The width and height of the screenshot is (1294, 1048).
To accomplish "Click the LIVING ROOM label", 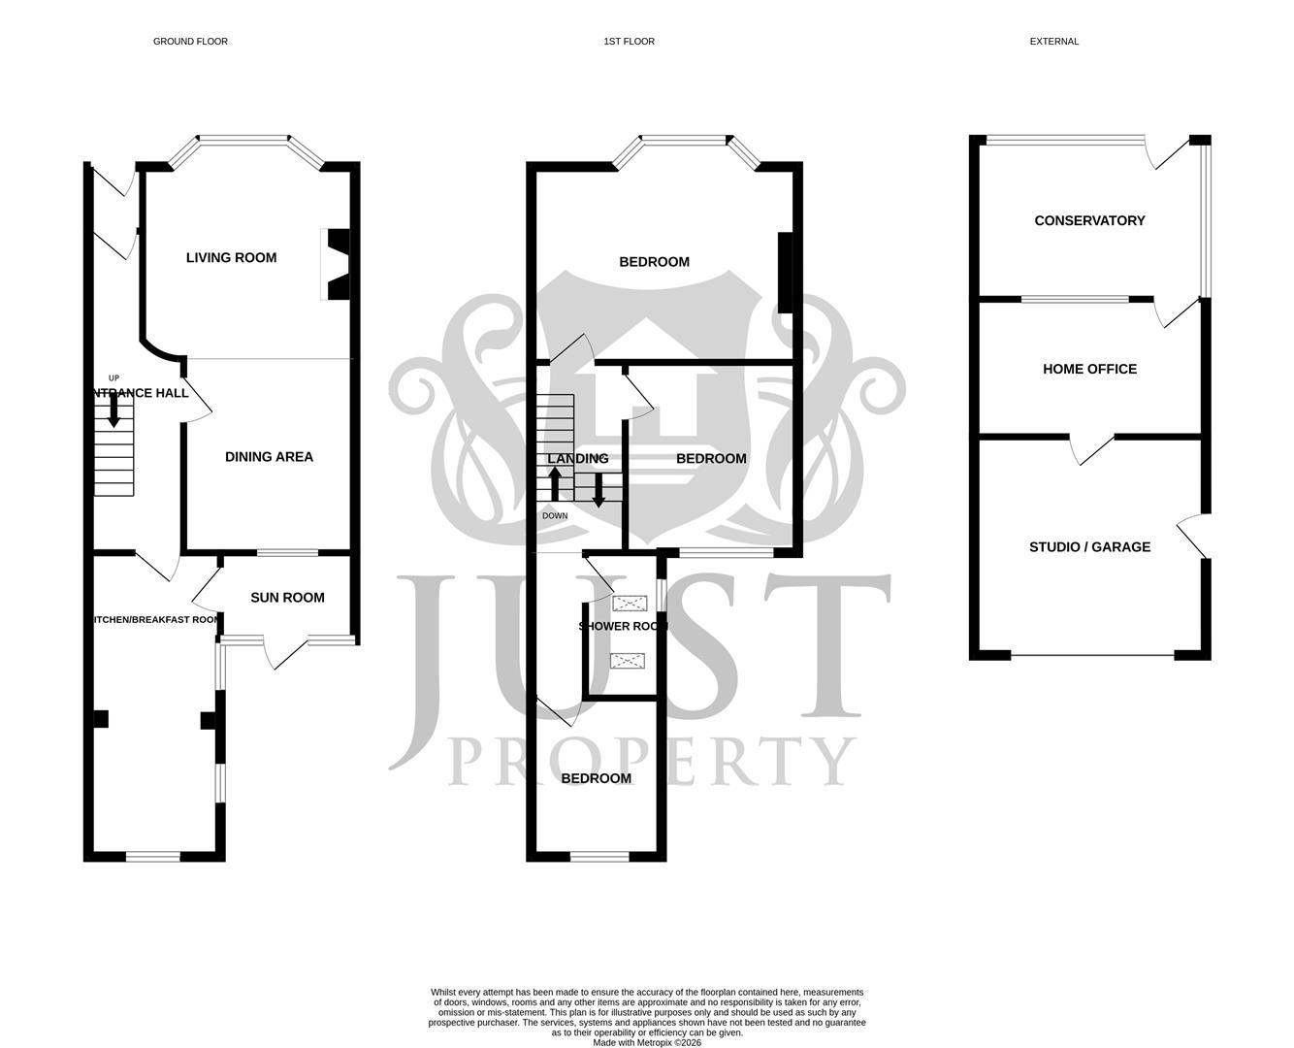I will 231,257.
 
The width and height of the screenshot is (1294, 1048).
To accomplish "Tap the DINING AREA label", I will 269,457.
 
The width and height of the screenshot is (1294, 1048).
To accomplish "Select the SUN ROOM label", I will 287,598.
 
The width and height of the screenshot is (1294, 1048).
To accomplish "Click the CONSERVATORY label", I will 1089,221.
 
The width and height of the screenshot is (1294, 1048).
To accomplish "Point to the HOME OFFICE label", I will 1089,369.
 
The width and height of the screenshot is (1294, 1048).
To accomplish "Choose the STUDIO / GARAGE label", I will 1089,547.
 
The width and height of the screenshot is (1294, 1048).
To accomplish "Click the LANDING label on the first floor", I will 578,459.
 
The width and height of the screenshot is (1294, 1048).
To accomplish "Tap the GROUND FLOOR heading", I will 190,42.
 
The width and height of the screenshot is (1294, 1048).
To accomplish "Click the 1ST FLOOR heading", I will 629,42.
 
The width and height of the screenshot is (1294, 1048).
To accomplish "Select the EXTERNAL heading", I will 1053,42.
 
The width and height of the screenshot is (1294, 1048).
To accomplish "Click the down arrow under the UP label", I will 113,414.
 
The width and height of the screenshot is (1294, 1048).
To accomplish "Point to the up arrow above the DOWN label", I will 555,482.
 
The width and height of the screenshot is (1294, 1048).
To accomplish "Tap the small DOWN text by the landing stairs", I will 555,515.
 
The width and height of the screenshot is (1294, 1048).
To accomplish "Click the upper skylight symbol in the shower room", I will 628,603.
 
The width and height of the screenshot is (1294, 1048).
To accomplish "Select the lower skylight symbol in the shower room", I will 627,661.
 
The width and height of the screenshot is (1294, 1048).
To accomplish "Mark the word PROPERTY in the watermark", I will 652,762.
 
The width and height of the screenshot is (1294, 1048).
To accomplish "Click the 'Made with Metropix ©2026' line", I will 647,1043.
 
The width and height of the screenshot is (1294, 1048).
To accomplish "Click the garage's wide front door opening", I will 1092,656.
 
